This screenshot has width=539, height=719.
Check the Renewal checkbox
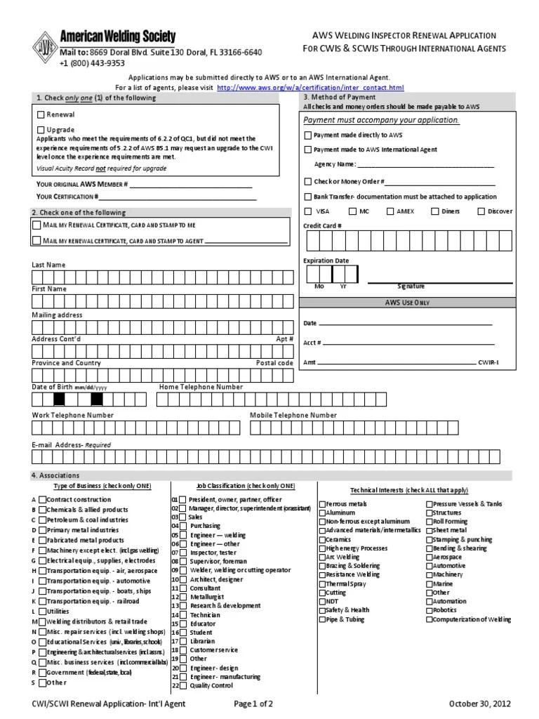coord(41,114)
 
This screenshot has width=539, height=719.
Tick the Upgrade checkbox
coord(41,130)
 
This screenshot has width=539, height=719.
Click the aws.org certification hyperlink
coord(310,87)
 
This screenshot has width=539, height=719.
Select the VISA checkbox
coord(308,211)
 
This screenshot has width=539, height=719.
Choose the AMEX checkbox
coord(390,211)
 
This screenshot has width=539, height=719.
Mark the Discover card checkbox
coord(481,211)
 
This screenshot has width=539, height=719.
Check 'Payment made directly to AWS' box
coord(307,134)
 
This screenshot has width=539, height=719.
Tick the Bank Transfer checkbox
coord(307,197)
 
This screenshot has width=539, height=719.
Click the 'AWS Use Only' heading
coord(406,302)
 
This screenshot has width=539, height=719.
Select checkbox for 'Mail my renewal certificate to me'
coord(36,225)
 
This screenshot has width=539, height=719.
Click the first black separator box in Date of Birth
coord(59,400)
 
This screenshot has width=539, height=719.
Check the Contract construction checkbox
coord(42,500)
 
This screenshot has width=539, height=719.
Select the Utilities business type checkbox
coord(42,612)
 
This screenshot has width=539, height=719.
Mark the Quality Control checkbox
coord(183,685)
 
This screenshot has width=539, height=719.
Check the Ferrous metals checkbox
coord(322,504)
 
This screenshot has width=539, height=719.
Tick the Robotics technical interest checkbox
coord(430,610)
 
